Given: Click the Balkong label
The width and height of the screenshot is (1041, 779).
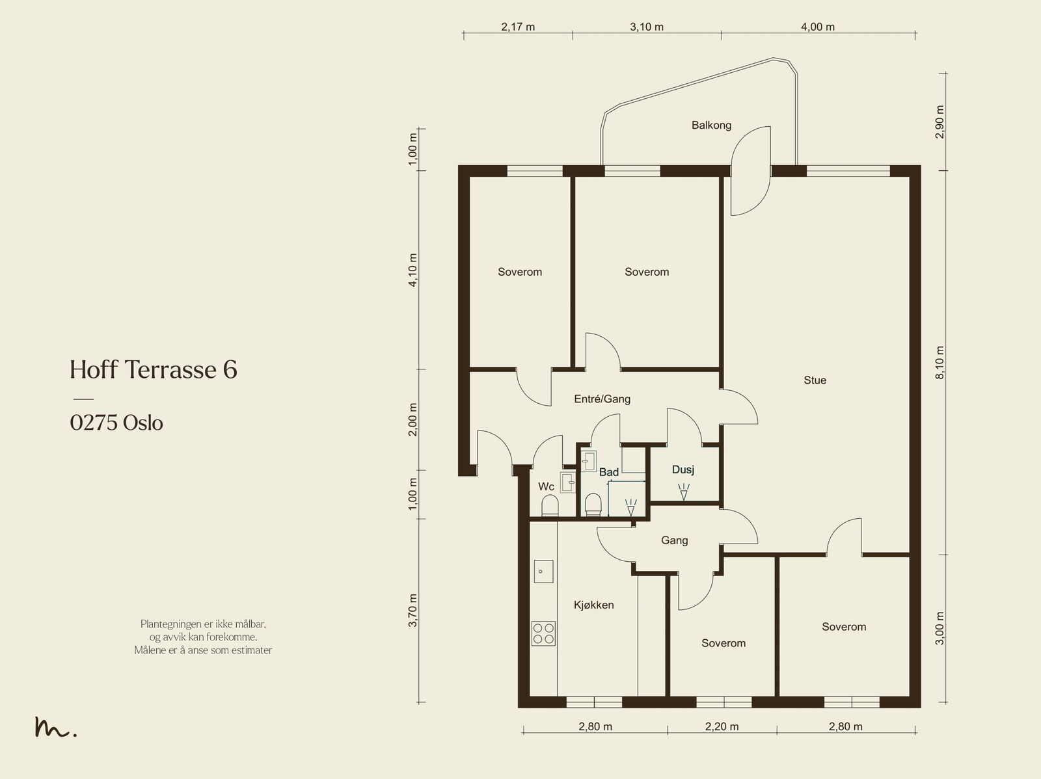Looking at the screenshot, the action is tap(711, 125).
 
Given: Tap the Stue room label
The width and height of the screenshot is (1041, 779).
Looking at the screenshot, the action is tap(815, 380).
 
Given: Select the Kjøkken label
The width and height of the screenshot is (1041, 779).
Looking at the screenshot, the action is tap(593, 605).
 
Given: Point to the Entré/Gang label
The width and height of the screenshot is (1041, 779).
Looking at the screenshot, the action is tap(602, 399).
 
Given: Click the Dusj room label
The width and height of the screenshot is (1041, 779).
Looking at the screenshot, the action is tap(683, 469).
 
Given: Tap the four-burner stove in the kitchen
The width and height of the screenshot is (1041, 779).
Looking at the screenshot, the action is tap(543, 633).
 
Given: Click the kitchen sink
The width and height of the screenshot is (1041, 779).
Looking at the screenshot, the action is tap(543, 571).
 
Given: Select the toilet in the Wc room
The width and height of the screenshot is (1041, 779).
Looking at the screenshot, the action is tap(550, 506).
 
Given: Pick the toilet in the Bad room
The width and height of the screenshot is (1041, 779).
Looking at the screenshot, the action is tap(593, 505).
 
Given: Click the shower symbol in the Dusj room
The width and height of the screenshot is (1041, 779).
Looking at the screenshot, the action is tap(683, 492).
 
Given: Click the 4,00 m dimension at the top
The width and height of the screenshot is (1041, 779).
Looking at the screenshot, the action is tap(818, 27).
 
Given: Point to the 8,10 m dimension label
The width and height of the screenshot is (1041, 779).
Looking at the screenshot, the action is tap(940, 362).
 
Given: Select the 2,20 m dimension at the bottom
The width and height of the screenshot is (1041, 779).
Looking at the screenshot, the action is tap(722, 726).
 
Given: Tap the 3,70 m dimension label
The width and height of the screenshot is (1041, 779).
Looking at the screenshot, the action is tap(412, 611).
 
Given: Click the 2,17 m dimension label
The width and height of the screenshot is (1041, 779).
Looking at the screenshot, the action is tap(518, 27).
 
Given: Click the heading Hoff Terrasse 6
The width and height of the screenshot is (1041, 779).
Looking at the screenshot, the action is tap(153, 369).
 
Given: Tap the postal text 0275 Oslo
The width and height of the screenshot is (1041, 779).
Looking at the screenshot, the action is tap(116, 423).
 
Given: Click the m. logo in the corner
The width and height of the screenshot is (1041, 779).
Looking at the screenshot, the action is tap(55, 727).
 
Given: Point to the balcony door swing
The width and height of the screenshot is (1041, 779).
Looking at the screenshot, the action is tap(751, 171).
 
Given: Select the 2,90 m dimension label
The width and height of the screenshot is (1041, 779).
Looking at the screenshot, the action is tap(940, 122).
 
